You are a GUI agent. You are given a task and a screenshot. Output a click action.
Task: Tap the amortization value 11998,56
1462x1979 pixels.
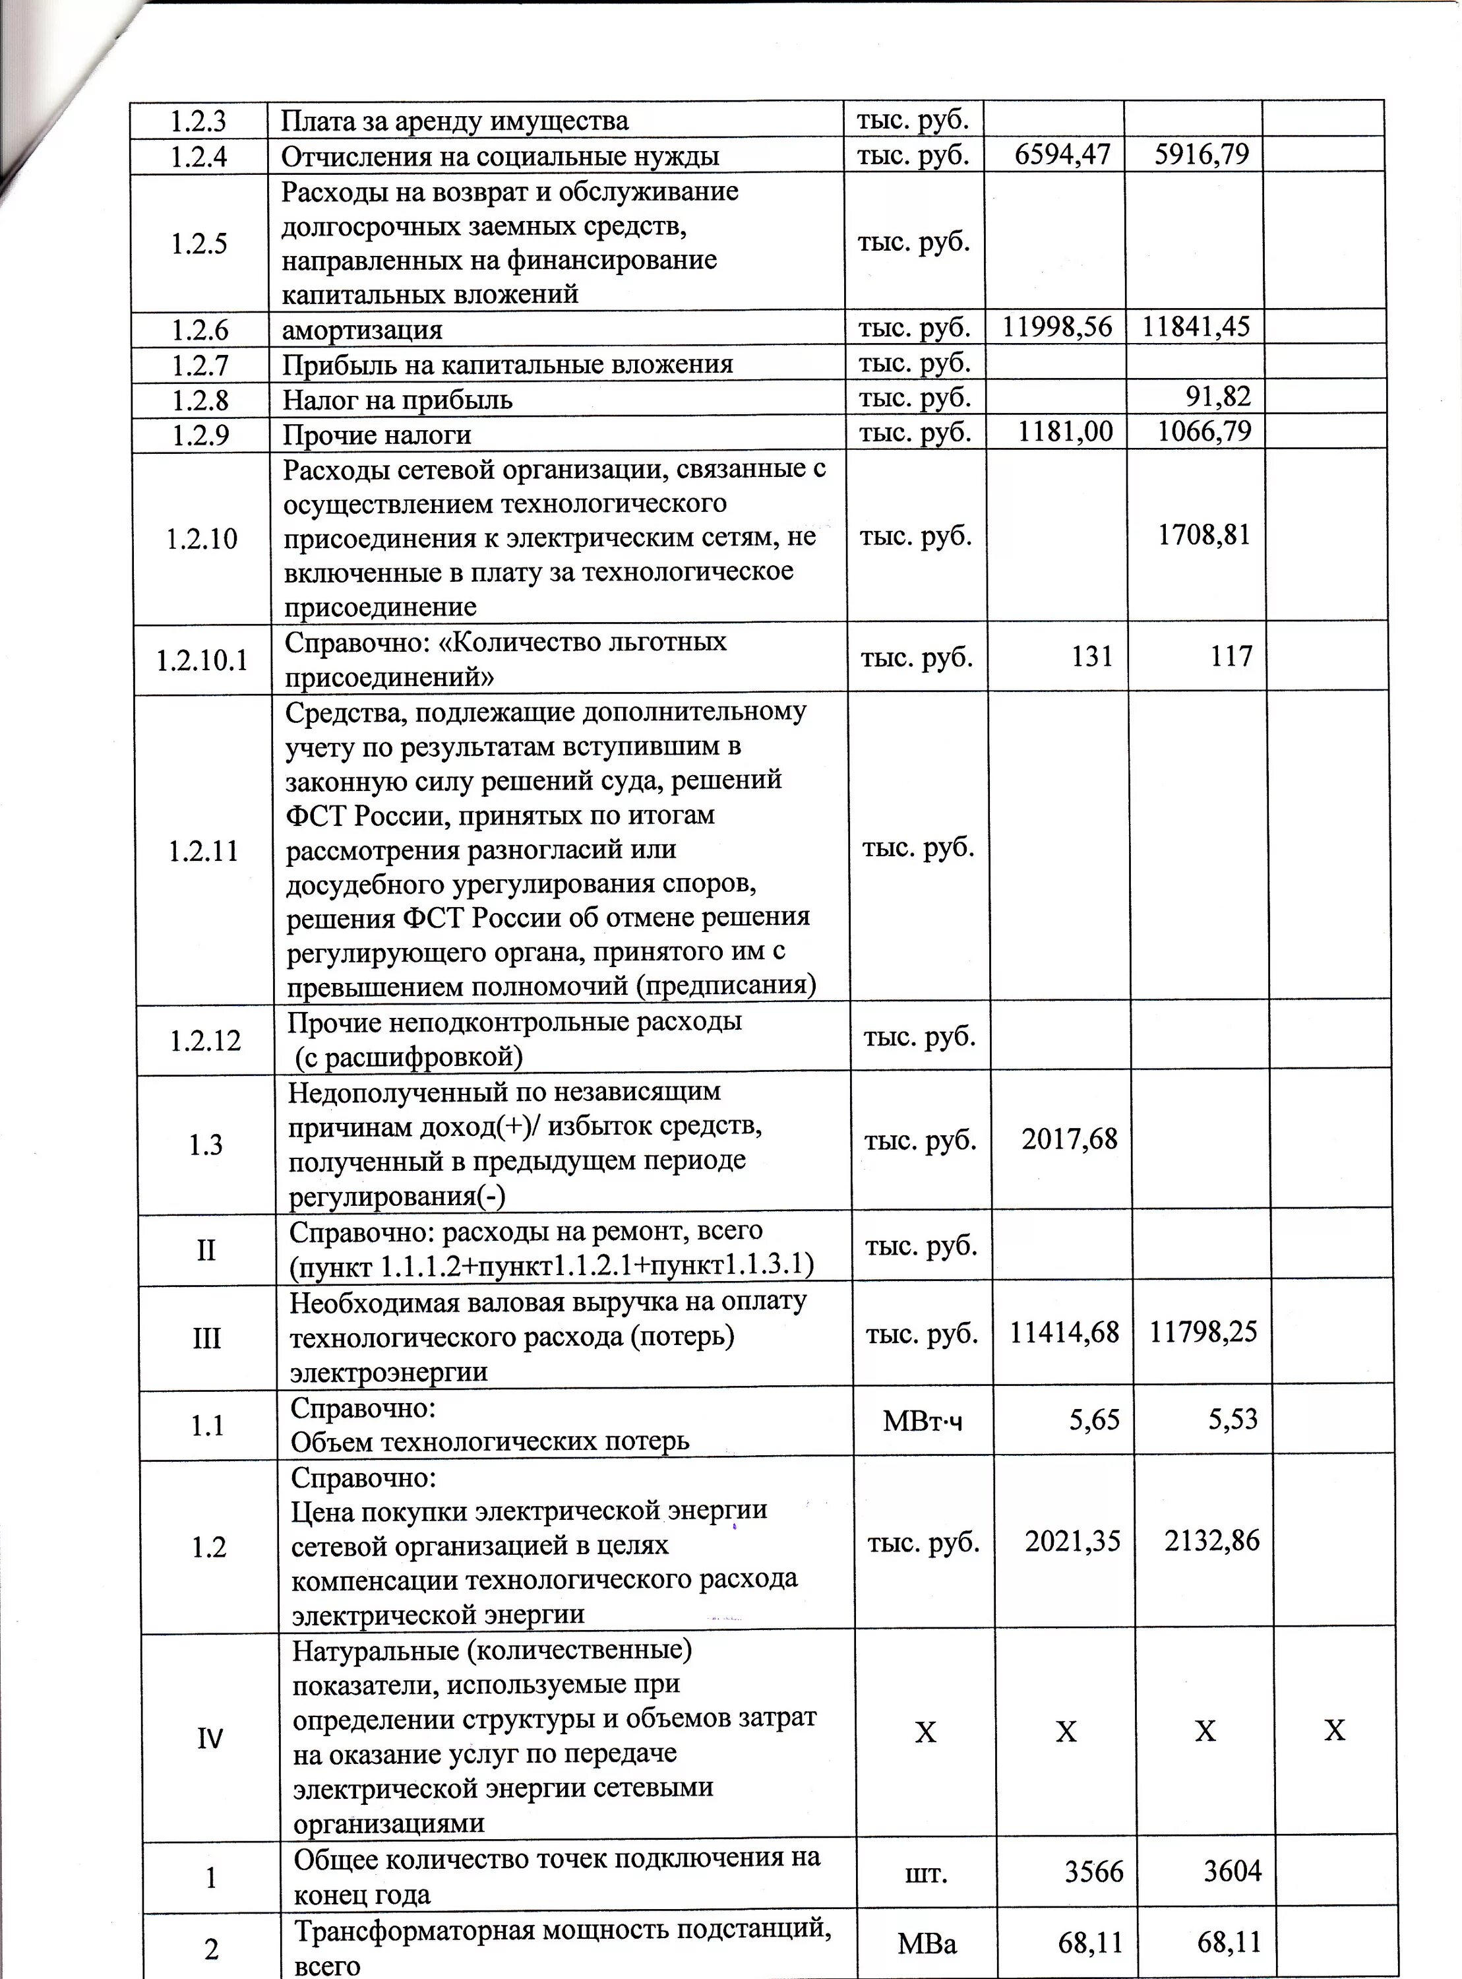[1056, 327]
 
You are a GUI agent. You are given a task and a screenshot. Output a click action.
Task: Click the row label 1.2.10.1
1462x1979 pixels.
[202, 660]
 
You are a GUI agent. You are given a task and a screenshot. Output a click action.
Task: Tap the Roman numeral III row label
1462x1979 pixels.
[206, 1337]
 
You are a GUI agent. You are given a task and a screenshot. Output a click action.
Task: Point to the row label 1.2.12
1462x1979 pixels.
[204, 1040]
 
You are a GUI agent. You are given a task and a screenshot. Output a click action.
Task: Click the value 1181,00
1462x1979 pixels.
[1064, 432]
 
